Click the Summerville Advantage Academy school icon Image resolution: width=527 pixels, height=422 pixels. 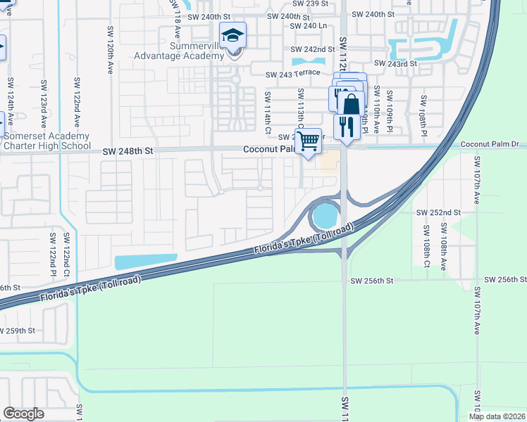[x=232, y=35]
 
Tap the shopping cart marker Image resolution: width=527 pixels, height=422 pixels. [x=308, y=141]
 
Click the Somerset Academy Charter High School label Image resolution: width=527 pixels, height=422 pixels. [x=45, y=141]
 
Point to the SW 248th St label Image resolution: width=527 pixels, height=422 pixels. [x=128, y=151]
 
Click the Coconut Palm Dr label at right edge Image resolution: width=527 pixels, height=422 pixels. [x=489, y=144]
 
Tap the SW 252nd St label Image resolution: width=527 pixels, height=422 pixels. [x=438, y=212]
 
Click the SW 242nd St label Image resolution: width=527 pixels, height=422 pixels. [x=312, y=49]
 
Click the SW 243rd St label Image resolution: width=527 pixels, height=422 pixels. [x=396, y=63]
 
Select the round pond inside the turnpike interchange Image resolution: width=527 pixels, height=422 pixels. [x=325, y=216]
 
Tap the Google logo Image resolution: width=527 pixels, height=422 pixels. [x=23, y=414]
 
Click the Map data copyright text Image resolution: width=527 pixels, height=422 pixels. [x=497, y=416]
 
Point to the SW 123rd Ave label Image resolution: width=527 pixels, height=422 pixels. [x=44, y=98]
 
